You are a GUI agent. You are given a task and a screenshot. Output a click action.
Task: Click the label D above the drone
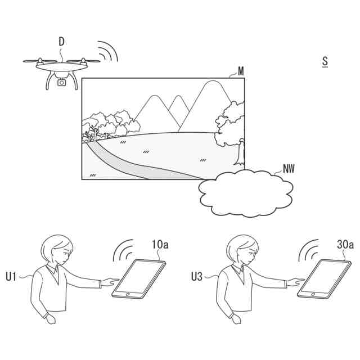(61, 42)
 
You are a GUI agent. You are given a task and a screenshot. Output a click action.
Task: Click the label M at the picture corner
(241, 71)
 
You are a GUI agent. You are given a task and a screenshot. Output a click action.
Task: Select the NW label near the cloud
(289, 167)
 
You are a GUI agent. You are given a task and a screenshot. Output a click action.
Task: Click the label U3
(197, 276)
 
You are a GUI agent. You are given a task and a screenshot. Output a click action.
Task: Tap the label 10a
(160, 245)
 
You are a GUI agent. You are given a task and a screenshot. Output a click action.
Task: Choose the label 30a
(344, 245)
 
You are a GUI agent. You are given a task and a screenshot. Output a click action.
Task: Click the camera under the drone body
(62, 82)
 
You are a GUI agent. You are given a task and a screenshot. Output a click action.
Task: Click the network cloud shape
(245, 193)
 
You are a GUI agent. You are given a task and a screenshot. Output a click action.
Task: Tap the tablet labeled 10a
(139, 279)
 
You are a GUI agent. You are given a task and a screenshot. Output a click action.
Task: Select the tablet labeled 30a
(323, 279)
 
